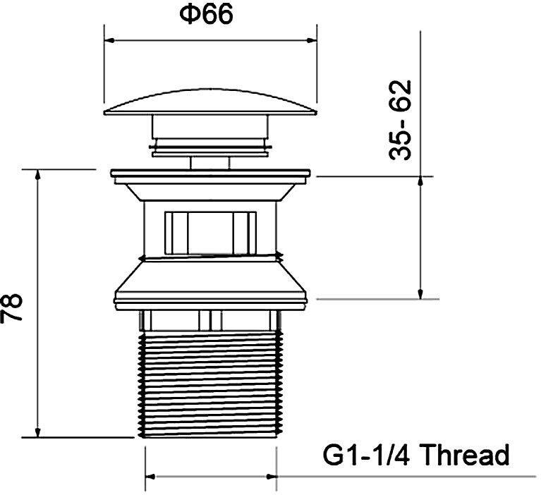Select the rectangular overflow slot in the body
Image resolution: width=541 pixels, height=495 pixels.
click(210, 231)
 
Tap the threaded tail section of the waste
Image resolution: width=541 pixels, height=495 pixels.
click(210, 384)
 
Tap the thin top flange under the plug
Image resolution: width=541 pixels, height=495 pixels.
click(210, 172)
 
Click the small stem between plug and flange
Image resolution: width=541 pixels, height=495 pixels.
click(210, 161)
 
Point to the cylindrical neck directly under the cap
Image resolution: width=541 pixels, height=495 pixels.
click(210, 128)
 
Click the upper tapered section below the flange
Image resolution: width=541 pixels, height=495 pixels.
click(210, 189)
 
